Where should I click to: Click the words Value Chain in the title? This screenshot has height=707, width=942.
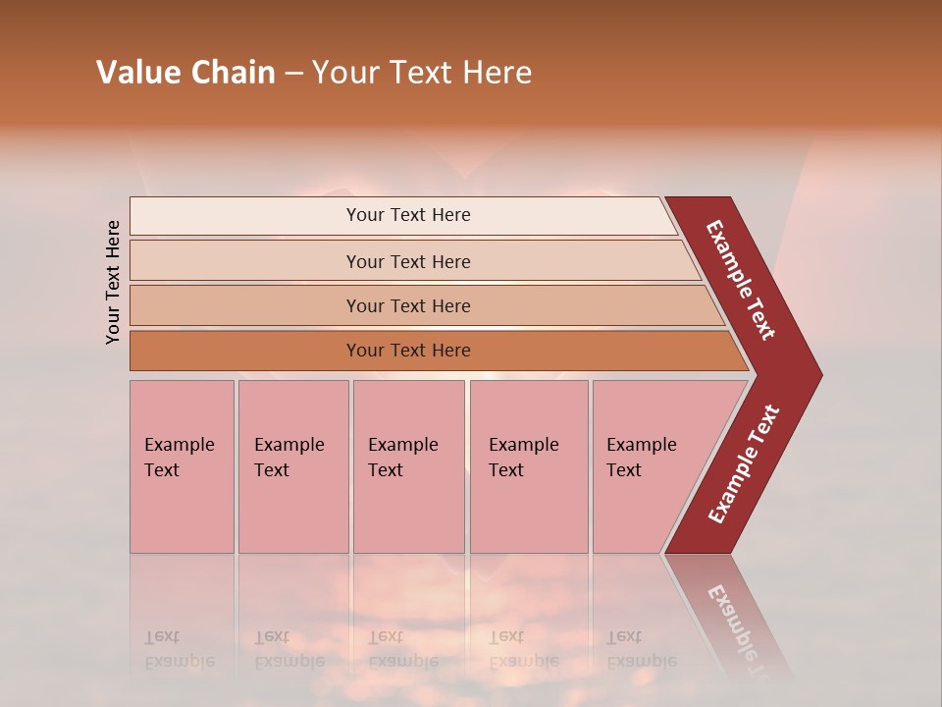pyautogui.click(x=185, y=73)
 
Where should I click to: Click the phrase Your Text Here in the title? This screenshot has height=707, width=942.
pyautogui.click(x=422, y=73)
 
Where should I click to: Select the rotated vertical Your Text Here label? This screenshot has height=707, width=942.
pyautogui.click(x=113, y=282)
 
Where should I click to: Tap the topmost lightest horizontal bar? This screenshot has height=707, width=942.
pyautogui.click(x=245, y=216)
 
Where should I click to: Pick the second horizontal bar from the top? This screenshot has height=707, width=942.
pyautogui.click(x=245, y=261)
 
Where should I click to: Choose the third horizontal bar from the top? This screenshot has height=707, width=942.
pyautogui.click(x=245, y=305)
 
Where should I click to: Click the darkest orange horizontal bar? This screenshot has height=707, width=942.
pyautogui.click(x=245, y=351)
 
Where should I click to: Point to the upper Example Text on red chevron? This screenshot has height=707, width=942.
pyautogui.click(x=741, y=281)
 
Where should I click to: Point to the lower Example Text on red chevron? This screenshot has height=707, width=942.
pyautogui.click(x=744, y=464)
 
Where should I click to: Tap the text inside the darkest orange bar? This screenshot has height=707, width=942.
pyautogui.click(x=408, y=351)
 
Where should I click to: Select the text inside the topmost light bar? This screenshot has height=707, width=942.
pyautogui.click(x=408, y=215)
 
